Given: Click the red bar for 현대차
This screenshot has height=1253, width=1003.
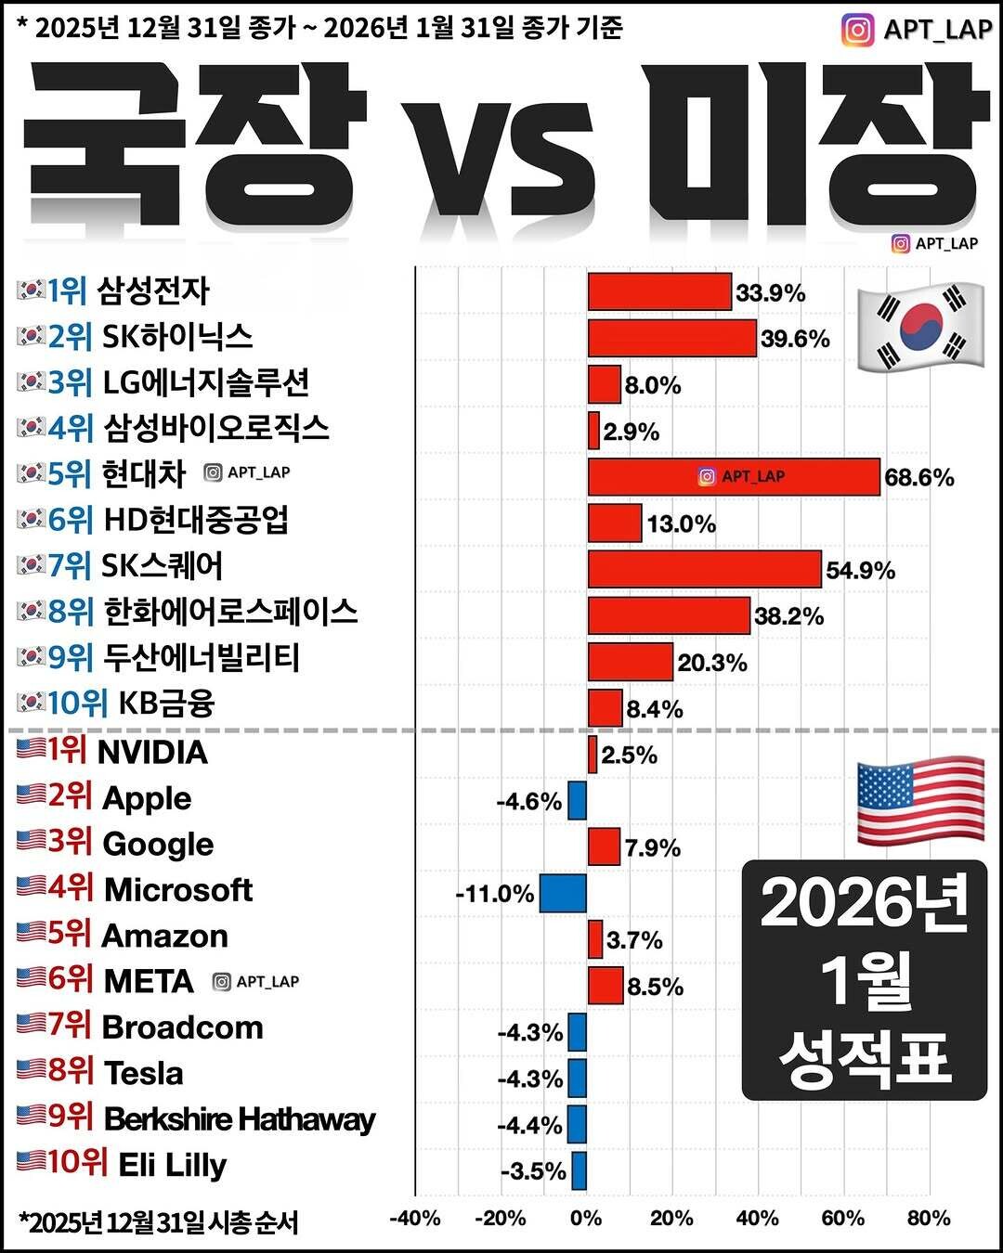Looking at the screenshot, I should pos(734,477).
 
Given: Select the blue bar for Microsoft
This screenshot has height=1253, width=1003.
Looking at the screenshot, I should pos(563,893).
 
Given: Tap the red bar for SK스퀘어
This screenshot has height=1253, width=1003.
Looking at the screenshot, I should pos(704,569).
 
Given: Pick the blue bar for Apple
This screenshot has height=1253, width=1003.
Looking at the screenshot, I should pos(577,800).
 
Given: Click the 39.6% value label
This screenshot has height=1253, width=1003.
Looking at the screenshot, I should pos(795,339).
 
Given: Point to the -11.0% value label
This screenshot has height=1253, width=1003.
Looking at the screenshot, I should pos(495,894).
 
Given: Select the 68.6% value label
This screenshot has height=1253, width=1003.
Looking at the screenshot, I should pos(919,478).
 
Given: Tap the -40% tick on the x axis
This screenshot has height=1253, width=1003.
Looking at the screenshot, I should pos(414,1218).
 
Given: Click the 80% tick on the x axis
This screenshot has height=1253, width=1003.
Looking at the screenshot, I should pos(928,1218).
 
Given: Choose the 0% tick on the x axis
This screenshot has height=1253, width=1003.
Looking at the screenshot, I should pos(586,1218).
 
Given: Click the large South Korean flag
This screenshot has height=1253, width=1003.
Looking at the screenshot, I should pos(919,326).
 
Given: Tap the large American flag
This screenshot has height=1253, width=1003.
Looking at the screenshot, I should pos(919,800).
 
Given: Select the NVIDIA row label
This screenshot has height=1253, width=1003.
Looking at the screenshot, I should pos(152,752).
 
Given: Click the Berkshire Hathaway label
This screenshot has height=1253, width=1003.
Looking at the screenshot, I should pos(239,1119).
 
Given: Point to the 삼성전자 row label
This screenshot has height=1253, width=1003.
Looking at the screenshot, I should pos(153,291).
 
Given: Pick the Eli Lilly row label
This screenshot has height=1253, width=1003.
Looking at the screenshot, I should pos(172,1165).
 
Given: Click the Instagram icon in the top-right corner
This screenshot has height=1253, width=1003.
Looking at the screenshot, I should pos(857,30).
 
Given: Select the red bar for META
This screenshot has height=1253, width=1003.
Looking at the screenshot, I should pos(606,985).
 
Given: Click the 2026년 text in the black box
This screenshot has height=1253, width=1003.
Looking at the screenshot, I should pos(864,904).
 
